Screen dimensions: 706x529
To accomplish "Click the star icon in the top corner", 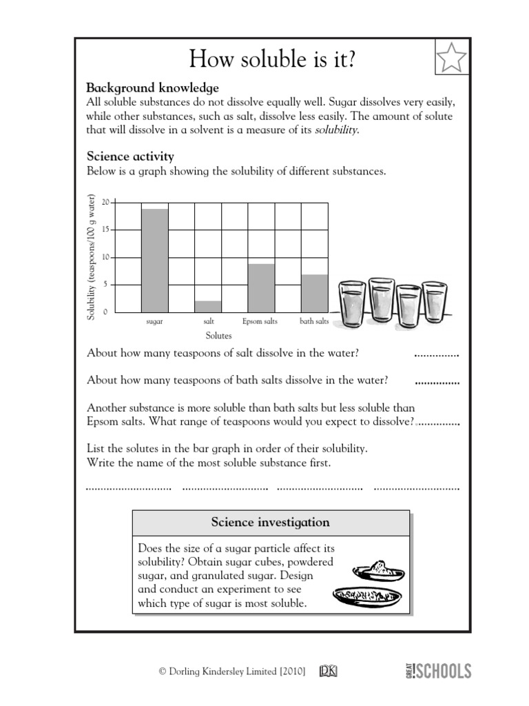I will pyautogui.click(x=450, y=57).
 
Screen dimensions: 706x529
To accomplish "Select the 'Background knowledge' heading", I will pyautogui.click(x=152, y=88).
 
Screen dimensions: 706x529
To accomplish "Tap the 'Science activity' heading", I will pyautogui.click(x=129, y=157).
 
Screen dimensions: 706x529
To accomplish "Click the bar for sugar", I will pyautogui.click(x=154, y=260).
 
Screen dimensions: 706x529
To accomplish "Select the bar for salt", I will pyautogui.click(x=209, y=306).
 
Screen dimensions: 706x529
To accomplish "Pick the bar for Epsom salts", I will pyautogui.click(x=261, y=288).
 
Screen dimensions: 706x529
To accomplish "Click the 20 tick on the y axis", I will pyautogui.click(x=105, y=202).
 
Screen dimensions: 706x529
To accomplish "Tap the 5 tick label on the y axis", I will pyautogui.click(x=105, y=285).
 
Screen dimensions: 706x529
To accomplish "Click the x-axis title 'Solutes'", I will pyautogui.click(x=219, y=336).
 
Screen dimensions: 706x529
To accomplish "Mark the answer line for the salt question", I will pyautogui.click(x=436, y=355).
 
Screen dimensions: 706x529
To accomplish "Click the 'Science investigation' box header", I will pyautogui.click(x=270, y=523).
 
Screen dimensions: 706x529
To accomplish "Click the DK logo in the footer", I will pyautogui.click(x=329, y=670).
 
